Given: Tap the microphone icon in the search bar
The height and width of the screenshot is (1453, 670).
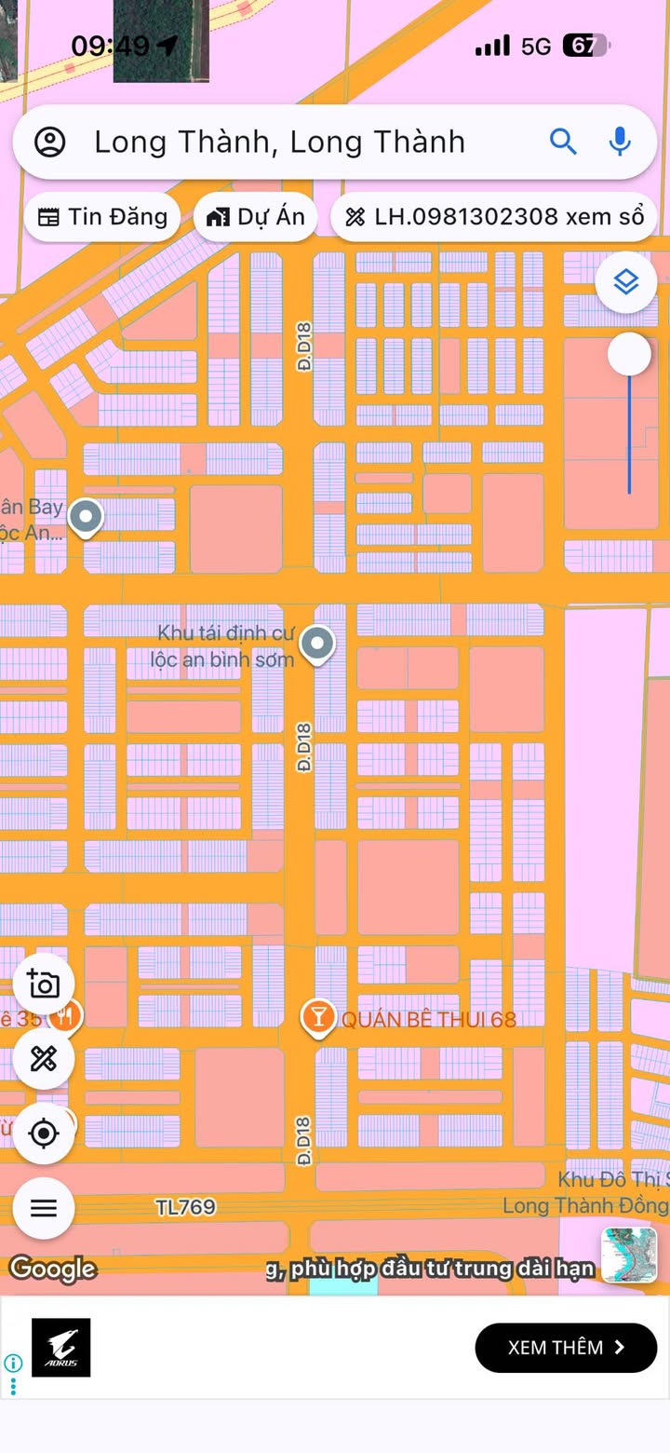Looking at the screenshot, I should tap(620, 142).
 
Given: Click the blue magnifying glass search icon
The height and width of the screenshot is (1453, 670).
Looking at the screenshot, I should tap(563, 142).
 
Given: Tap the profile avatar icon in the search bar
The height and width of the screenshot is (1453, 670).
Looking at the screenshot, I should tap(50, 143).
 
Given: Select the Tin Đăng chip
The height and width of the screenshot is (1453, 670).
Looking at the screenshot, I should tap(102, 217).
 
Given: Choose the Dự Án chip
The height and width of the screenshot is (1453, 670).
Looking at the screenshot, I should tap(256, 217).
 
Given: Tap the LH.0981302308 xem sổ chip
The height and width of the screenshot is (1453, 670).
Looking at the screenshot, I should tap(494, 217).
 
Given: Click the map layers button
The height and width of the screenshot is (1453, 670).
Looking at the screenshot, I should tap(626, 281).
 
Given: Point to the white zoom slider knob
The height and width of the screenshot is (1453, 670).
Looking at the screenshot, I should tap(630, 355).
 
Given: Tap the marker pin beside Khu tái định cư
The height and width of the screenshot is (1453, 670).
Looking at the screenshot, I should tap(317, 644).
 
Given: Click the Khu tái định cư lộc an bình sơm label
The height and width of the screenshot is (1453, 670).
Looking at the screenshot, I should tap(223, 646).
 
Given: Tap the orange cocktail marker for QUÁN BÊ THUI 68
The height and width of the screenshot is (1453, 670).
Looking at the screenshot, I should tap(318, 1018).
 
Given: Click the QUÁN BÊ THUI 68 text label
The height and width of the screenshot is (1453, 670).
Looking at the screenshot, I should tap(428, 1019).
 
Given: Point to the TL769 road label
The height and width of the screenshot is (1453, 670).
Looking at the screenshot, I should tap(185, 1207).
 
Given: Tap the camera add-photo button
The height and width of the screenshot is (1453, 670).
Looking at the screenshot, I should tap(44, 985).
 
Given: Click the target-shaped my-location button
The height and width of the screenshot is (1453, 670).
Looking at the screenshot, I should tap(44, 1134).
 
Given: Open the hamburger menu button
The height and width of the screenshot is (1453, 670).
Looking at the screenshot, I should tap(44, 1208).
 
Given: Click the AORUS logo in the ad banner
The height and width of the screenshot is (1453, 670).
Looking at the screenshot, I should tap(61, 1347).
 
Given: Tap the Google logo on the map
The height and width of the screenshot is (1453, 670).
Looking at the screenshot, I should tap(53, 1269).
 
